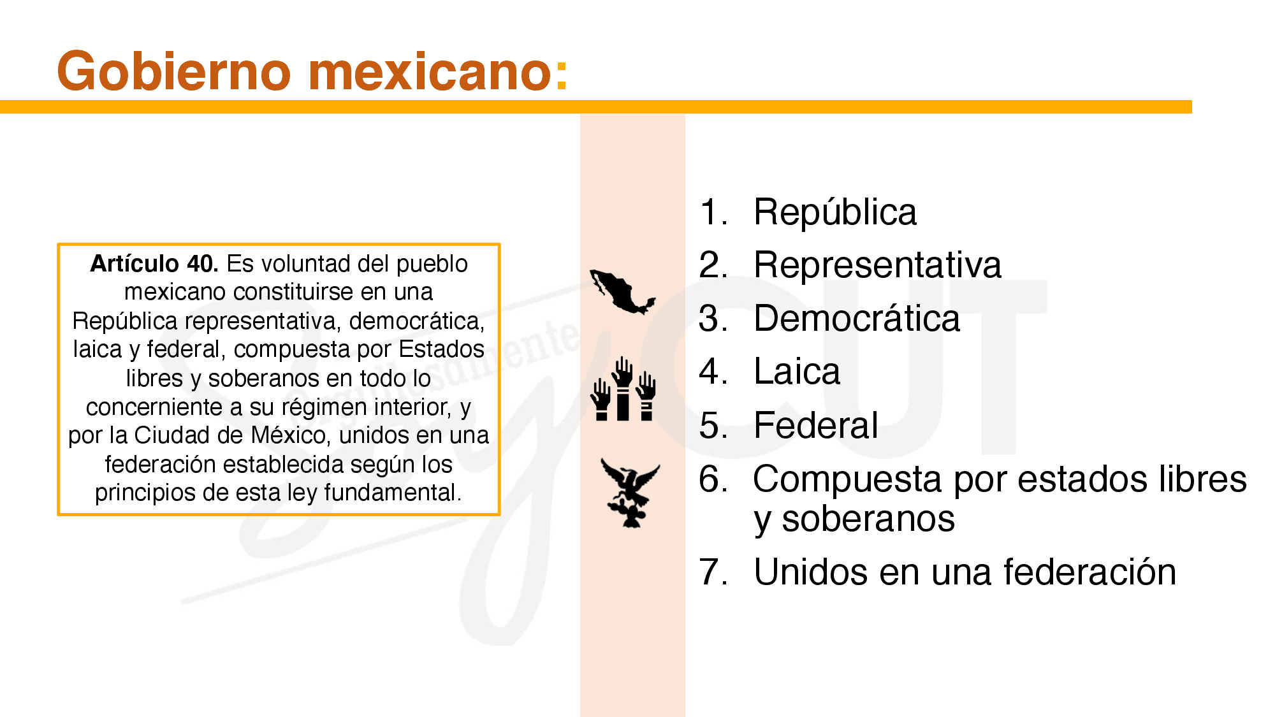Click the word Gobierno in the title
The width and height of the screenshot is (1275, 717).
173,71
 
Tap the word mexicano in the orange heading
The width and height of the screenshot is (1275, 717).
430,71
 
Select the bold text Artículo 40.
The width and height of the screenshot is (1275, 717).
154,263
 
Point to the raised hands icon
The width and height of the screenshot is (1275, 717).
623,389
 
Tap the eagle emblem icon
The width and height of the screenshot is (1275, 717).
630,493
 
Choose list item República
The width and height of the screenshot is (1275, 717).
834,212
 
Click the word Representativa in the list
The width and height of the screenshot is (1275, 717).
877,265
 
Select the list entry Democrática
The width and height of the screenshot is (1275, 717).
856,319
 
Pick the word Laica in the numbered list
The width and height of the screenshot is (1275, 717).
796,372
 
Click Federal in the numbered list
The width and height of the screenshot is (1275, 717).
815,425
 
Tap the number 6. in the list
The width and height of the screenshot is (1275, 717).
713,479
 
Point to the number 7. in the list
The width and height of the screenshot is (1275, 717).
713,572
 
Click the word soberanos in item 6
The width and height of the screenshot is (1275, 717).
868,519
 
